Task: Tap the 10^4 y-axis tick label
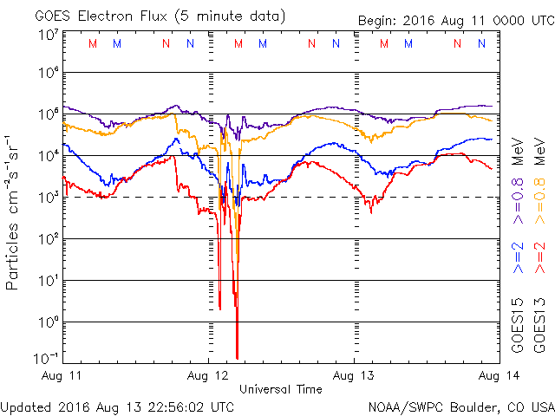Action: (x=48, y=156)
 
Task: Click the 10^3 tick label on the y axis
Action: (x=48, y=198)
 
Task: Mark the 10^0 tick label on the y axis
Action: (x=48, y=322)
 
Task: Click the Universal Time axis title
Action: (x=281, y=389)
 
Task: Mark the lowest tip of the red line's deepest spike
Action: (x=237, y=358)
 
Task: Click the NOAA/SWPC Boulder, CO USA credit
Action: (x=460, y=406)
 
